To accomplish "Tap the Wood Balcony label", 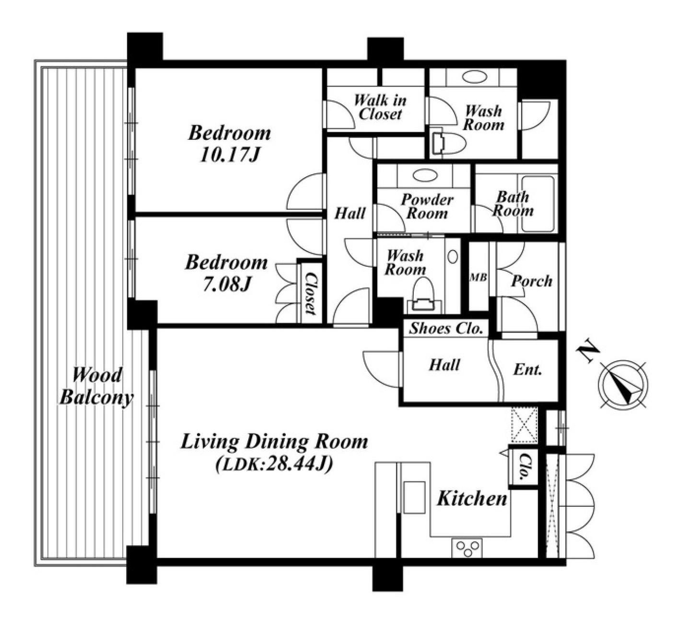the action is [x=96, y=387].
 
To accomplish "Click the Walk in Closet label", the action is [x=380, y=107].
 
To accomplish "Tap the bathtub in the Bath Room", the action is [x=538, y=204].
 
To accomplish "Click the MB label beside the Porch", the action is [x=478, y=277].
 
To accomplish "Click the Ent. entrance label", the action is [x=527, y=370].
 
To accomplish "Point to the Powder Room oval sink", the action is [x=426, y=175].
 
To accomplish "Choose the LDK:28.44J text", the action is [x=274, y=465].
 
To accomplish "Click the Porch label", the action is [x=532, y=281].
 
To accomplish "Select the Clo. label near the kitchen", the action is [x=523, y=467].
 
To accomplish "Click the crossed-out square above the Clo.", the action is [x=524, y=426].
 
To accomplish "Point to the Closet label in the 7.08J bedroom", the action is [x=311, y=294].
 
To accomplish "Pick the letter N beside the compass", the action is [x=588, y=351].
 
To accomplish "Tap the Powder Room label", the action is [x=427, y=207].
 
